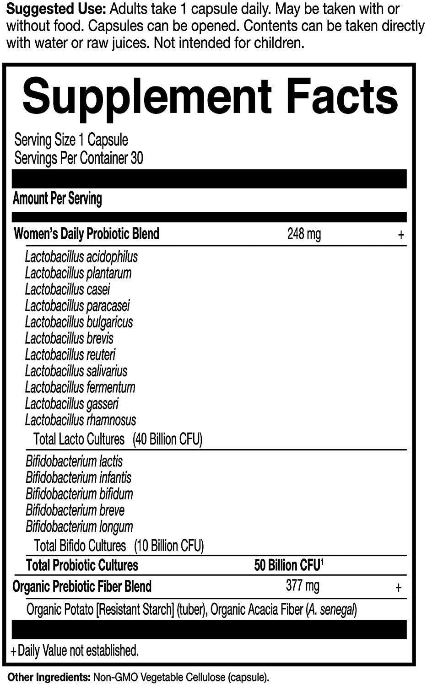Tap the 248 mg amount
304,234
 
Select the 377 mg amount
303,586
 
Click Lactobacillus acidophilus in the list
81,257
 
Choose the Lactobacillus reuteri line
70,355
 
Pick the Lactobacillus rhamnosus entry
81,420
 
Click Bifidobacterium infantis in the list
78,478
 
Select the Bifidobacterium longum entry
79,527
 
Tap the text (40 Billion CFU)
168,439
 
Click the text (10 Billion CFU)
169,546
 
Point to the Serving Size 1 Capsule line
71,140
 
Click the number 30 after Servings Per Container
137,158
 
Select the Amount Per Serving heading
57,198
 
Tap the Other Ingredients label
49,677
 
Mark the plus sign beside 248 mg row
401,235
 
